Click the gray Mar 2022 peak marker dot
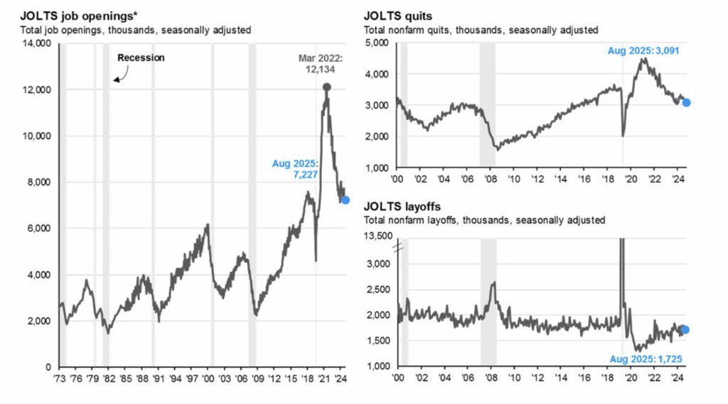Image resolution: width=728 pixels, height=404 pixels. tap(326, 87)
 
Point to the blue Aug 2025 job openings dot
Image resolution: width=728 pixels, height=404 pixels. tap(346, 200)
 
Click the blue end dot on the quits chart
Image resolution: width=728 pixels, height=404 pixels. tap(686, 103)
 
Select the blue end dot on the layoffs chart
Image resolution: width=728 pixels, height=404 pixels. tap(685, 329)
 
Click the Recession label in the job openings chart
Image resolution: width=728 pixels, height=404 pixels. tap(141, 58)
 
